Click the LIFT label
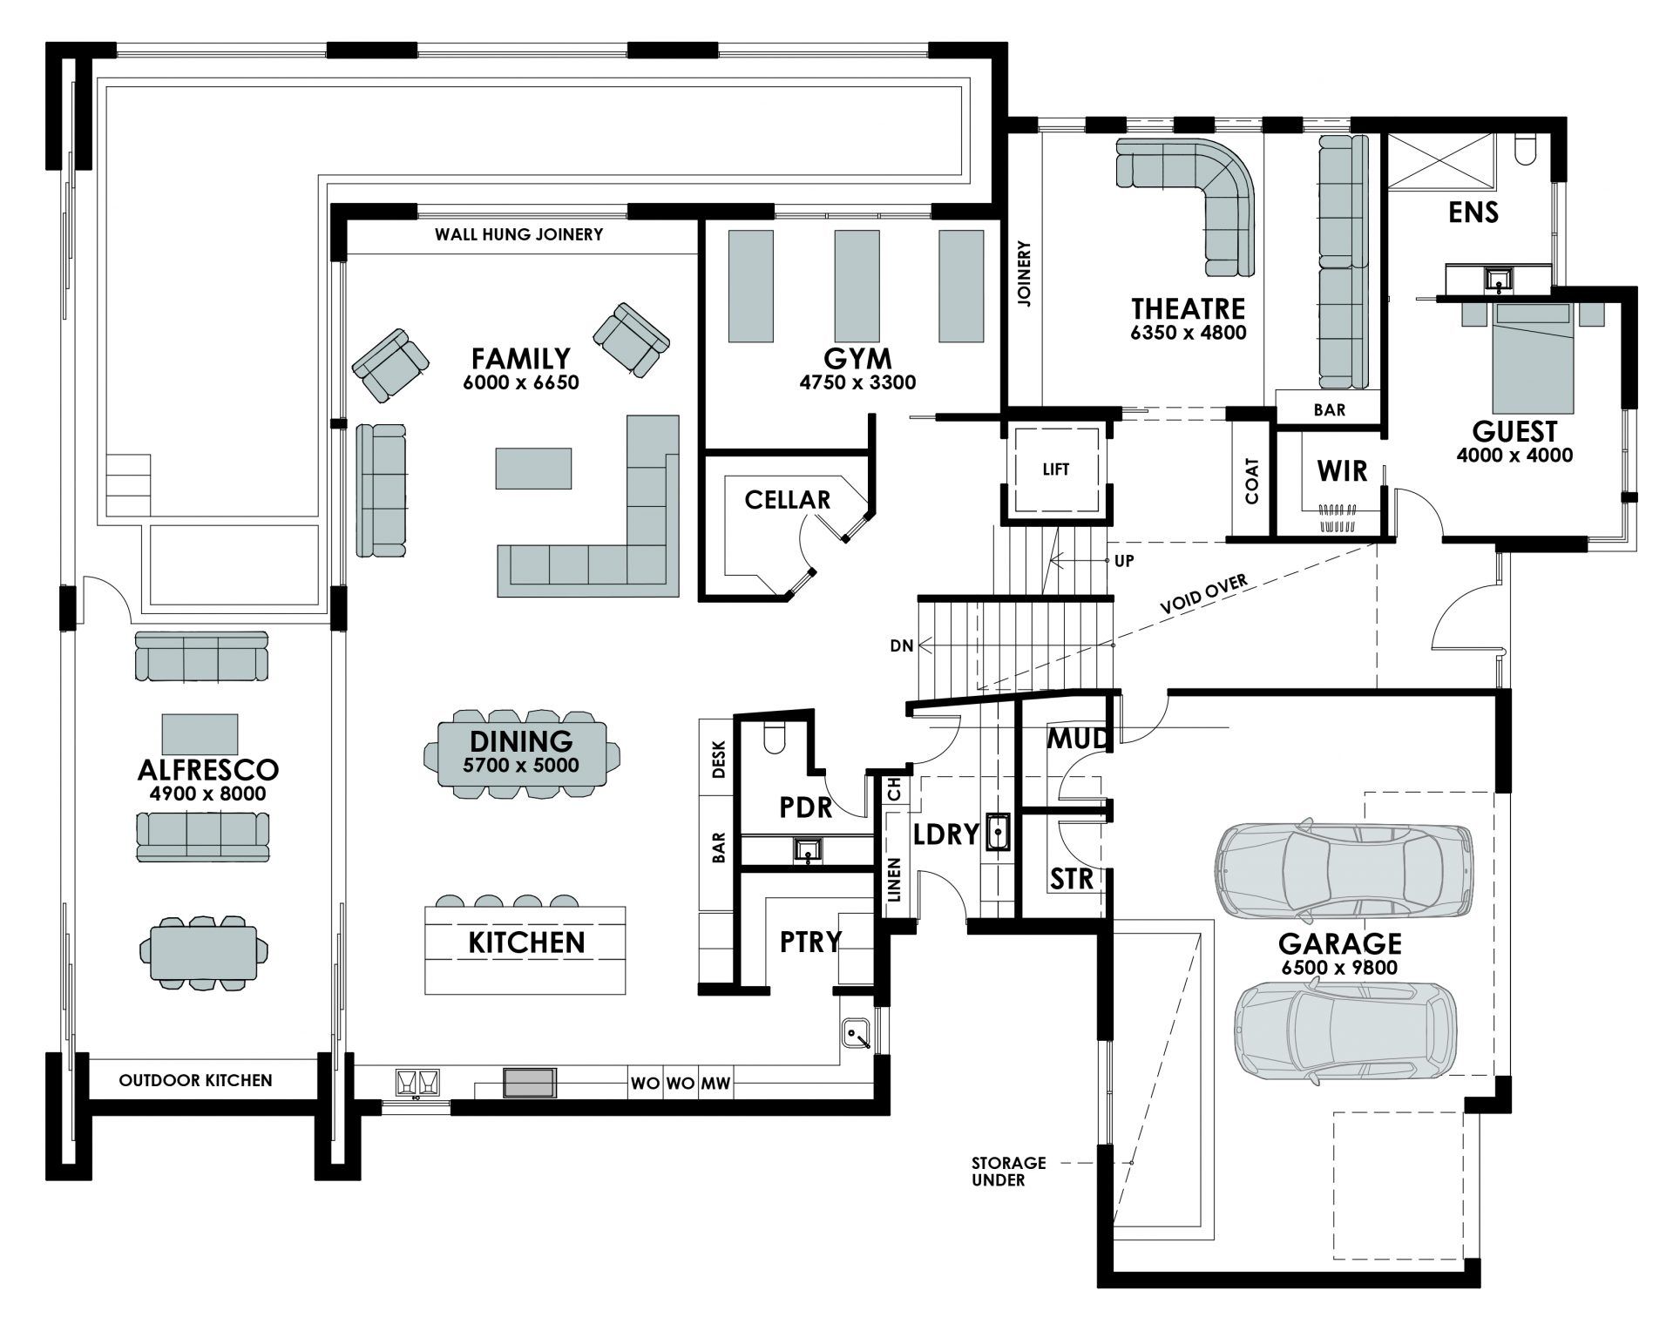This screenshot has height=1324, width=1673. (1055, 469)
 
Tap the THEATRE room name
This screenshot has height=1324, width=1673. (1188, 308)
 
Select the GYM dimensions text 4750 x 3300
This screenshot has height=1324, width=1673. (857, 382)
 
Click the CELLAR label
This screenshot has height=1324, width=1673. (787, 500)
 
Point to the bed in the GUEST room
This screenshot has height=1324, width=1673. (1533, 361)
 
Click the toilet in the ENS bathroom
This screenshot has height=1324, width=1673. (1526, 152)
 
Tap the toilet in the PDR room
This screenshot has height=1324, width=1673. (774, 738)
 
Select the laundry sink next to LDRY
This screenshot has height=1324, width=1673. (998, 832)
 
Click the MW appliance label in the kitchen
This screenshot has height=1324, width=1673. (715, 1085)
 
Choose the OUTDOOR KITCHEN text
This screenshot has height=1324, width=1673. (195, 1080)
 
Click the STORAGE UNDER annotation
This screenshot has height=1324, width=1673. (1009, 1171)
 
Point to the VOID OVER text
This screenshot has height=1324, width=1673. (1203, 595)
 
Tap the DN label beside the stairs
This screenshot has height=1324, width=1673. (902, 645)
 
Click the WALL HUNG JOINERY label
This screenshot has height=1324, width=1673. (518, 234)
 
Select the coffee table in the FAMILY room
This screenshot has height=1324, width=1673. (534, 468)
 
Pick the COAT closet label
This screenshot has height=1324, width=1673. (1252, 482)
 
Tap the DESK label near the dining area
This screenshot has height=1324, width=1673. (718, 759)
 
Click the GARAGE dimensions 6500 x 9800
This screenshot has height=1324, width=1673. (1339, 968)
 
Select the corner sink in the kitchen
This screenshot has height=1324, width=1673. (858, 1034)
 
